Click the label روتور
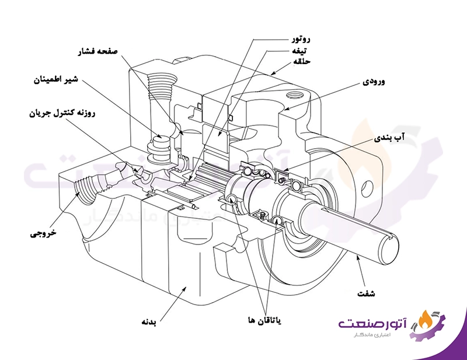(301, 40)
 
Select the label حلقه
(302, 61)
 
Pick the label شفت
(365, 293)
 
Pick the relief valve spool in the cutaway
(159, 146)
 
